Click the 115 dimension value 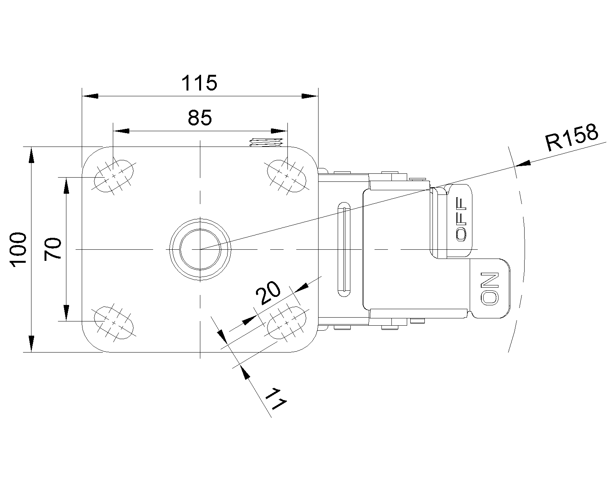[199, 83]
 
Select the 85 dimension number [200, 118]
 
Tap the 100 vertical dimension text [18, 249]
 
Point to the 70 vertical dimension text [53, 249]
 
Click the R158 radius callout [571, 137]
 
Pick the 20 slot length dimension [269, 293]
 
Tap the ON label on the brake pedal [490, 288]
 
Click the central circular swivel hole [200, 249]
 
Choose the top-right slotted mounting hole [287, 176]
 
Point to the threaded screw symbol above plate [266, 142]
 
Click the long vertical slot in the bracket [344, 249]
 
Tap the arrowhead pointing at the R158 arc [522, 164]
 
